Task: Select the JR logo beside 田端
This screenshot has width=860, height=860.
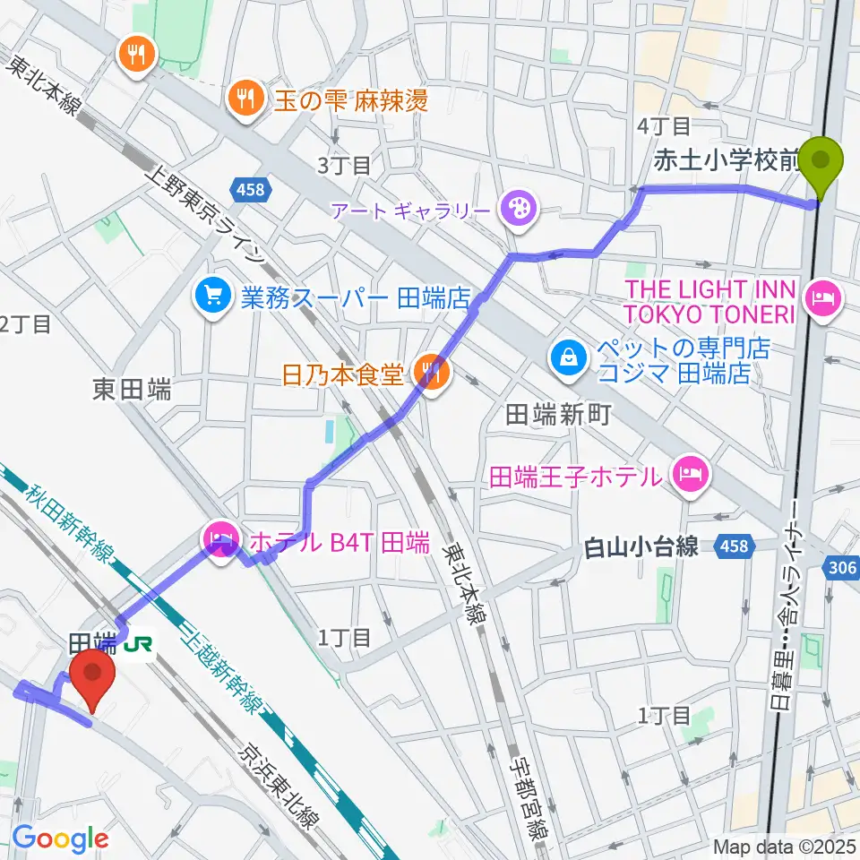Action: (137, 644)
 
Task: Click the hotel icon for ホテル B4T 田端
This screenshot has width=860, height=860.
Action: (219, 540)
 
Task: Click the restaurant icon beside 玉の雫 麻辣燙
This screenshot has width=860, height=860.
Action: (243, 97)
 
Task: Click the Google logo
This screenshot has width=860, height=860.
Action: (61, 838)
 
